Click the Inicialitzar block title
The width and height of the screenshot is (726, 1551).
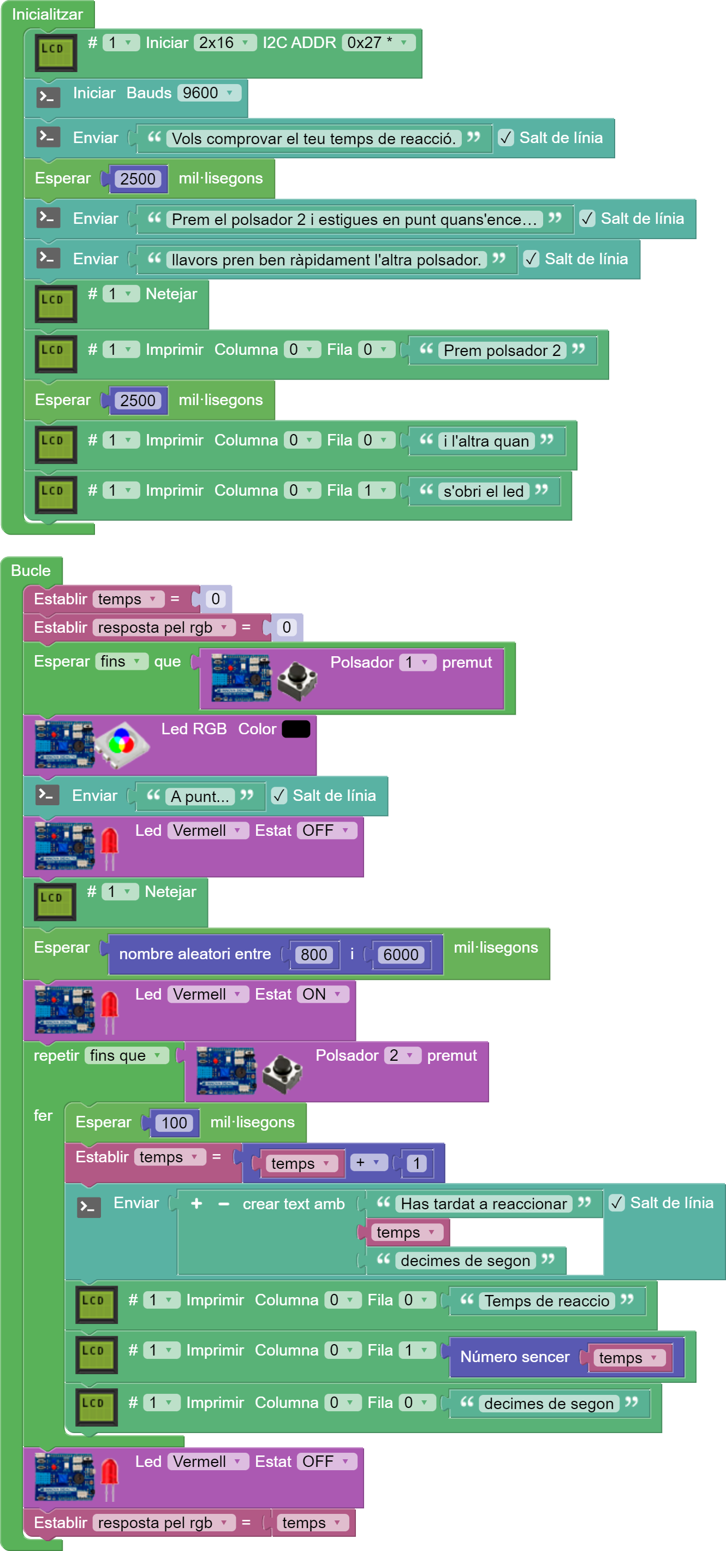(x=47, y=14)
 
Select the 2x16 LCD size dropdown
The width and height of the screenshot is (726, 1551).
(x=224, y=43)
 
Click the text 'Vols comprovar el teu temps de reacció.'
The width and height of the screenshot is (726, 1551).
(x=313, y=139)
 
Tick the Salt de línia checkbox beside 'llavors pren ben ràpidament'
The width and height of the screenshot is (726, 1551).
(x=531, y=259)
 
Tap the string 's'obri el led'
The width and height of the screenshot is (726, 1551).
(x=484, y=491)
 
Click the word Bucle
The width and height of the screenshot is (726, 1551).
(x=31, y=570)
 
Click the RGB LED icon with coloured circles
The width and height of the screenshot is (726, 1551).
(x=121, y=744)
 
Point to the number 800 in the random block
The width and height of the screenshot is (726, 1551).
(x=314, y=954)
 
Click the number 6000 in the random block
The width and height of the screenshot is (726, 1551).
(x=400, y=954)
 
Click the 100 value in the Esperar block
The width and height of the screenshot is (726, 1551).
(x=174, y=1122)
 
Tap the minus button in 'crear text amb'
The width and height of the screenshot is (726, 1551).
(x=224, y=1204)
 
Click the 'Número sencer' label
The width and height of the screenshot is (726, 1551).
(x=515, y=1357)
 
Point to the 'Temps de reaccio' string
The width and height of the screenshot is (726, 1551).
(x=547, y=1301)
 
